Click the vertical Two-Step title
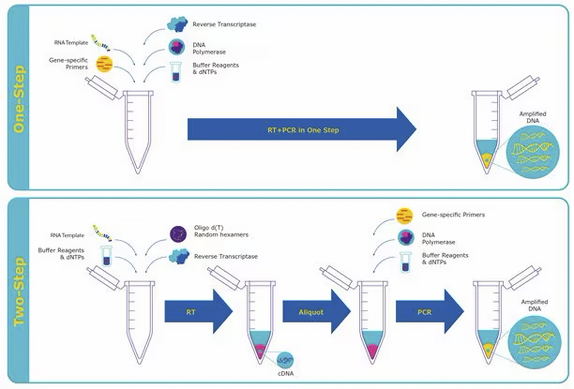17,291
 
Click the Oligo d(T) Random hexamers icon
177,232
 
